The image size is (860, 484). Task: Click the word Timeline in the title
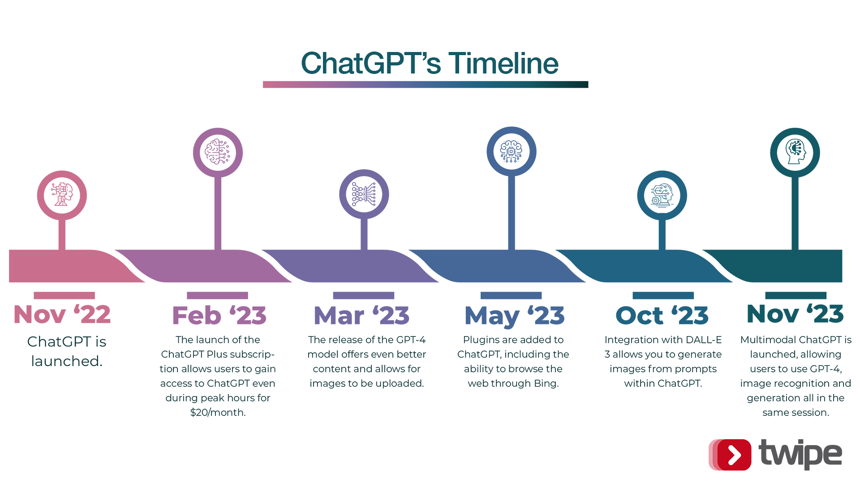pos(503,63)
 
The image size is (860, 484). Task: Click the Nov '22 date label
pos(62,314)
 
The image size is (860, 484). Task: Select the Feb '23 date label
pos(219,315)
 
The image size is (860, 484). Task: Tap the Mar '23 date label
pos(361,315)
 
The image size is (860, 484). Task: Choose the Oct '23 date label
pos(662,315)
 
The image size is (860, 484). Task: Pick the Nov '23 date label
pos(795,314)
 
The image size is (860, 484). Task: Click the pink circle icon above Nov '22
pos(62,195)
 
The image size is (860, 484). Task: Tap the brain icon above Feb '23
pos(218,152)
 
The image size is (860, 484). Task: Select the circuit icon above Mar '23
pos(364,194)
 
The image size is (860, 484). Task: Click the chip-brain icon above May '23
pos(512,151)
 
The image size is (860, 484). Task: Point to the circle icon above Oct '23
pos(662,195)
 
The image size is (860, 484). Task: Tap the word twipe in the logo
pos(800,454)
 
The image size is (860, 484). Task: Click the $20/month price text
pos(218,412)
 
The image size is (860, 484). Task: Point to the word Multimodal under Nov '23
pos(768,340)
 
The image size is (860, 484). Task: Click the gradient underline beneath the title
pos(426,85)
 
